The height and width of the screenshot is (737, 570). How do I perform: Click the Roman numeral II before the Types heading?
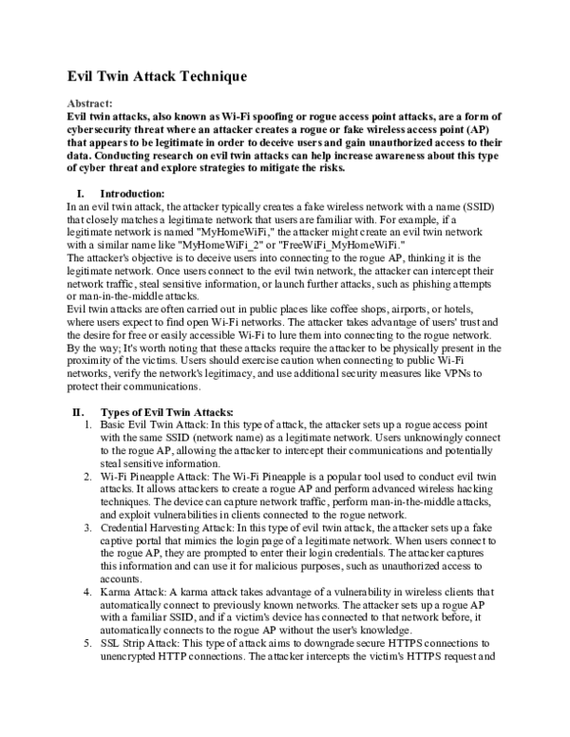(x=79, y=411)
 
